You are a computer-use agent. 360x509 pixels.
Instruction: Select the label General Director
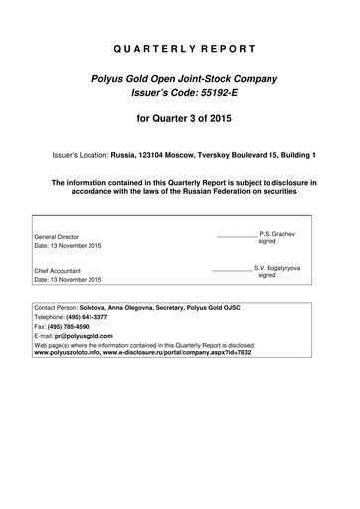(x=57, y=237)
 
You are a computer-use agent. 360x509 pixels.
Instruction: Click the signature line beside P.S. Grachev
(x=235, y=236)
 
